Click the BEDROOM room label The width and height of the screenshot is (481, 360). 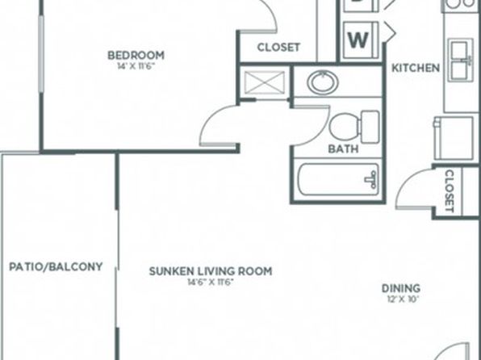136,56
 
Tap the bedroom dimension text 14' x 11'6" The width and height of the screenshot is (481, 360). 135,67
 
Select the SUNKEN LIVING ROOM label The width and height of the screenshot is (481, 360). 211,271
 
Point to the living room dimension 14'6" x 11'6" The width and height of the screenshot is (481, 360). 211,282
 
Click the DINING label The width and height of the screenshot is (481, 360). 401,288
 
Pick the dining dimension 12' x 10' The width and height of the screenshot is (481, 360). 403,299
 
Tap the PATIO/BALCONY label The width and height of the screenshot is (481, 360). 56,266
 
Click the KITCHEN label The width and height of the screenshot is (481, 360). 416,68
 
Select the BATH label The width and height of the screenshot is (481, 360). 343,149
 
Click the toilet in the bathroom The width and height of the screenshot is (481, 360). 354,127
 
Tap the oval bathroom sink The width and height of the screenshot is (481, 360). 323,82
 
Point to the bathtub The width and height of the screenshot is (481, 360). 339,179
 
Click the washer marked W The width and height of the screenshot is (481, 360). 361,40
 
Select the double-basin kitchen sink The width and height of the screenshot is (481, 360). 461,61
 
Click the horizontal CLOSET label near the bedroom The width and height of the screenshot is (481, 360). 278,48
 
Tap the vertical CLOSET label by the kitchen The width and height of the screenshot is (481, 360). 449,191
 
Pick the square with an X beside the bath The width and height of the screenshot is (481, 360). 265,82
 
